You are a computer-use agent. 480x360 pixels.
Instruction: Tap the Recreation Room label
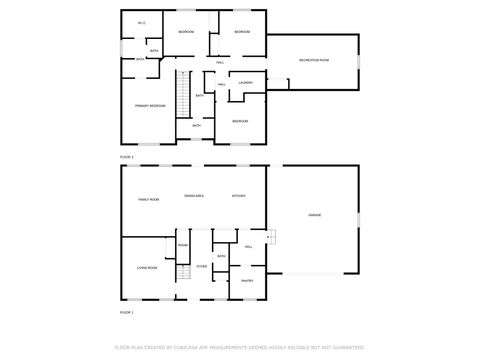314,61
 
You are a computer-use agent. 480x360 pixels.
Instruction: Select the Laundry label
245,82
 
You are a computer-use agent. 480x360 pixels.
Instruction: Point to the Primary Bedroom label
150,104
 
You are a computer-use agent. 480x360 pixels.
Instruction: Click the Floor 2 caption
126,157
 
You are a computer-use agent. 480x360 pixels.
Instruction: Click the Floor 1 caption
126,312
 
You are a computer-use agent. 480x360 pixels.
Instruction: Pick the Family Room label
148,200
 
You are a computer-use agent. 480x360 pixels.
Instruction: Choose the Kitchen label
238,195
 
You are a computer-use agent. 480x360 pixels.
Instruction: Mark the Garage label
314,215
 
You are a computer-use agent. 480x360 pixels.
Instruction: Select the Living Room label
147,268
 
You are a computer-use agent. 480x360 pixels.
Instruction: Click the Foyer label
201,267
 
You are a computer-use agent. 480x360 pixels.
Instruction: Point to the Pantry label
246,281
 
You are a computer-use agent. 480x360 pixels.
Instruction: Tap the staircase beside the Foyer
183,274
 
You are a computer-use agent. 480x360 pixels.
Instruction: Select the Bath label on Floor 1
221,257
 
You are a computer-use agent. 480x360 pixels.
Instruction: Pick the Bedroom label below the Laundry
240,121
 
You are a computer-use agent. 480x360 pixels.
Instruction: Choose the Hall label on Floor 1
248,246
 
